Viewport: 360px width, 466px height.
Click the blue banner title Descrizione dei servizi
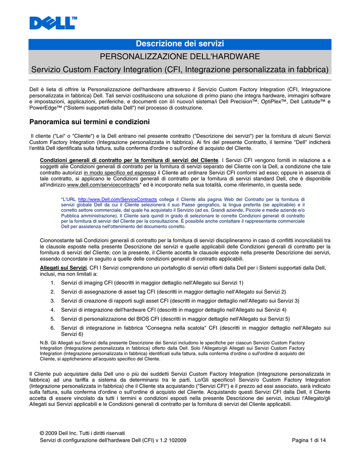[x=180, y=44]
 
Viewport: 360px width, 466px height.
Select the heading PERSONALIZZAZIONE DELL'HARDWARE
[x=180, y=56]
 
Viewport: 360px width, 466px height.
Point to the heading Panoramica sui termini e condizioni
[x=89, y=122]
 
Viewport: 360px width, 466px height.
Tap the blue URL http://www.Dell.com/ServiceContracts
[x=117, y=199]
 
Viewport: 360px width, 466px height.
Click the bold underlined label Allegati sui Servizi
[x=63, y=268]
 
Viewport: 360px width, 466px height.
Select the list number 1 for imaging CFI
[x=53, y=283]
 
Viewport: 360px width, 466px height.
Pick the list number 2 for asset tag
[x=53, y=292]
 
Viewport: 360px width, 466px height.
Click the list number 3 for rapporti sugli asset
[x=53, y=301]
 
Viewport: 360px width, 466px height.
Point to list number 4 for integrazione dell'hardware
[x=53, y=310]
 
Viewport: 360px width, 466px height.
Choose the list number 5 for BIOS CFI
[x=53, y=319]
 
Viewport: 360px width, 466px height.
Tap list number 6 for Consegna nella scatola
[x=53, y=328]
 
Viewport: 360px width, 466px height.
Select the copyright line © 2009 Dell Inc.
[x=82, y=433]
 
